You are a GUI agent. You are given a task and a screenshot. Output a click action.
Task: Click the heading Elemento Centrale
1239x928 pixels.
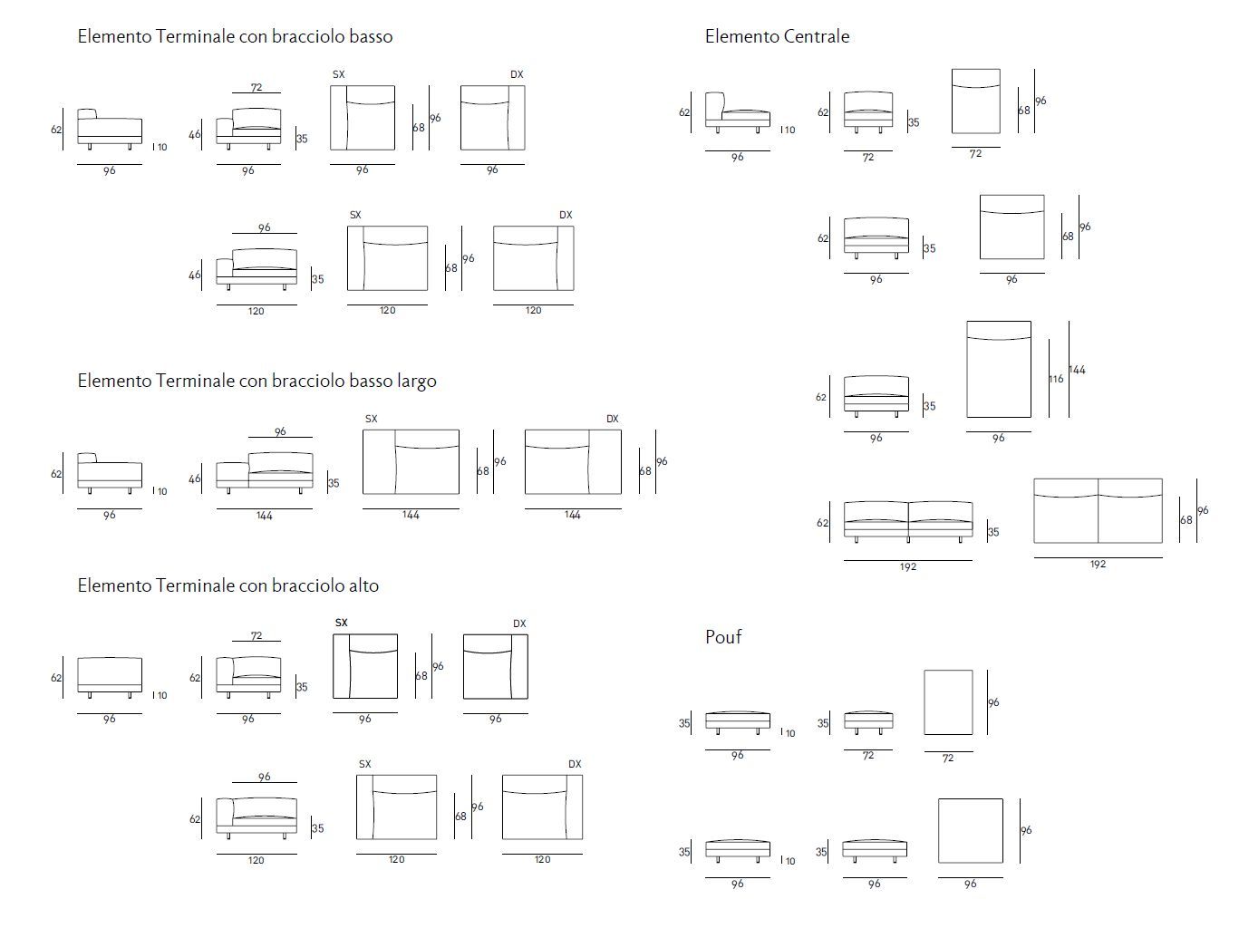pos(777,37)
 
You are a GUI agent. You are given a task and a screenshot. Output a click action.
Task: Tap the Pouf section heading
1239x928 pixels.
pos(723,637)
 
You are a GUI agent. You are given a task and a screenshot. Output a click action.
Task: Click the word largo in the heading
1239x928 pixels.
pos(416,381)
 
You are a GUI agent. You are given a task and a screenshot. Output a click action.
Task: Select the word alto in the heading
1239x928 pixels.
pos(363,585)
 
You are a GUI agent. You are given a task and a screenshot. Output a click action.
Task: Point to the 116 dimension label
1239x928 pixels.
pos(1056,379)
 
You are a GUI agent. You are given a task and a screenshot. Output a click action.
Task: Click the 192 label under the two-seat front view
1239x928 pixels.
pos(908,567)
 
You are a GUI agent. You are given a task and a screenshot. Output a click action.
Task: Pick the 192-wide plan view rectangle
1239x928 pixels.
pos(1098,511)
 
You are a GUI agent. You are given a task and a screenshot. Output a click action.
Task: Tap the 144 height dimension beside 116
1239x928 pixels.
pos(1077,370)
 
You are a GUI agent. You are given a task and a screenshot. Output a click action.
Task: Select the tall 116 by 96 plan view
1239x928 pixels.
pos(998,369)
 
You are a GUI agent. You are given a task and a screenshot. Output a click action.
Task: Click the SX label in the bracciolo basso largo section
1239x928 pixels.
pos(371,419)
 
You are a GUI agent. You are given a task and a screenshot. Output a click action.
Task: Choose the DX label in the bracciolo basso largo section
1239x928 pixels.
pos(613,419)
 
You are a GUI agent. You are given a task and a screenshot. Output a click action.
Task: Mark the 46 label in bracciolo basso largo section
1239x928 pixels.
pos(194,478)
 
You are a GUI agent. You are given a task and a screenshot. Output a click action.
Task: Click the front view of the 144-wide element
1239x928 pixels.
pos(264,472)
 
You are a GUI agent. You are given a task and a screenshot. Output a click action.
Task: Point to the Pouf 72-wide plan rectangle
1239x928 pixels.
pos(948,702)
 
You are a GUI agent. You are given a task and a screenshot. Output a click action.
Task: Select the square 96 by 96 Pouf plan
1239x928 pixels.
pos(970,830)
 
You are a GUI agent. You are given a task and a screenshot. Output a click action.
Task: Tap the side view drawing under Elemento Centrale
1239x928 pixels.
pos(737,112)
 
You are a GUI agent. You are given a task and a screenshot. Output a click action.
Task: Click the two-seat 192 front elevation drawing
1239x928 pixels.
pos(907,520)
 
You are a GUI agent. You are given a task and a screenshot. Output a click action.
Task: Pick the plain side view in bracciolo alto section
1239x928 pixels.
pos(110,676)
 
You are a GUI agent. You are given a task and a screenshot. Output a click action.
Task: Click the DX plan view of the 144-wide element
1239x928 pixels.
pos(573,462)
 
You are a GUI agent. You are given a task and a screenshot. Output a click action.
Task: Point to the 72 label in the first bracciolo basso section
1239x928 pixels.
pos(257,87)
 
